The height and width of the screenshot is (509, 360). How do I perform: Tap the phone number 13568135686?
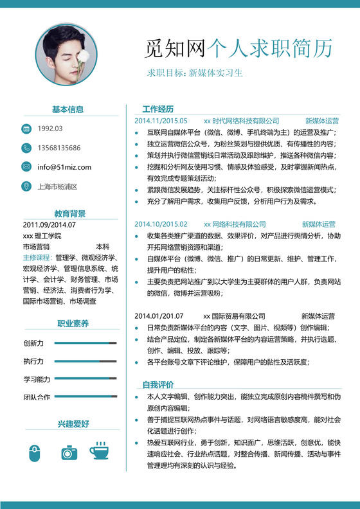59,148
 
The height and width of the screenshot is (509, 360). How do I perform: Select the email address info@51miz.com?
64,167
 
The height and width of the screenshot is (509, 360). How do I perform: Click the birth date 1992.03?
50,129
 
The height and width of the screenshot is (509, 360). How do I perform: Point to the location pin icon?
26,186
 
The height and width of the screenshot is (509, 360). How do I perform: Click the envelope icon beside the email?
26,167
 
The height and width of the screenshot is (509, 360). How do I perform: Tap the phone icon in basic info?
26,148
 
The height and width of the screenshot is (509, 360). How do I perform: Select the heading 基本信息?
67,109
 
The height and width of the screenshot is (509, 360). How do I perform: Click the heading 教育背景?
70,214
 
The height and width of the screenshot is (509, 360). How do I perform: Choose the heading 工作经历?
158,109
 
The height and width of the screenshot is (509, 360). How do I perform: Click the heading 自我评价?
158,384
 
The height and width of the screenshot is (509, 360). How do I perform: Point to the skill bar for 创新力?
85,343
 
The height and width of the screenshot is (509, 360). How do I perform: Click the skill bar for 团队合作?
85,397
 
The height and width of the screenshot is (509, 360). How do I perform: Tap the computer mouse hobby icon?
35,452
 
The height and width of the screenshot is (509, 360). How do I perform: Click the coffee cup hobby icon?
99,451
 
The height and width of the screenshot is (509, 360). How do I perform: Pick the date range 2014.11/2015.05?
161,120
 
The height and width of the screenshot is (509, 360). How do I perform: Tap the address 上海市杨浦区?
58,186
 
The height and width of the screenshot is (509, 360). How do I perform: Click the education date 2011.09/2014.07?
50,225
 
